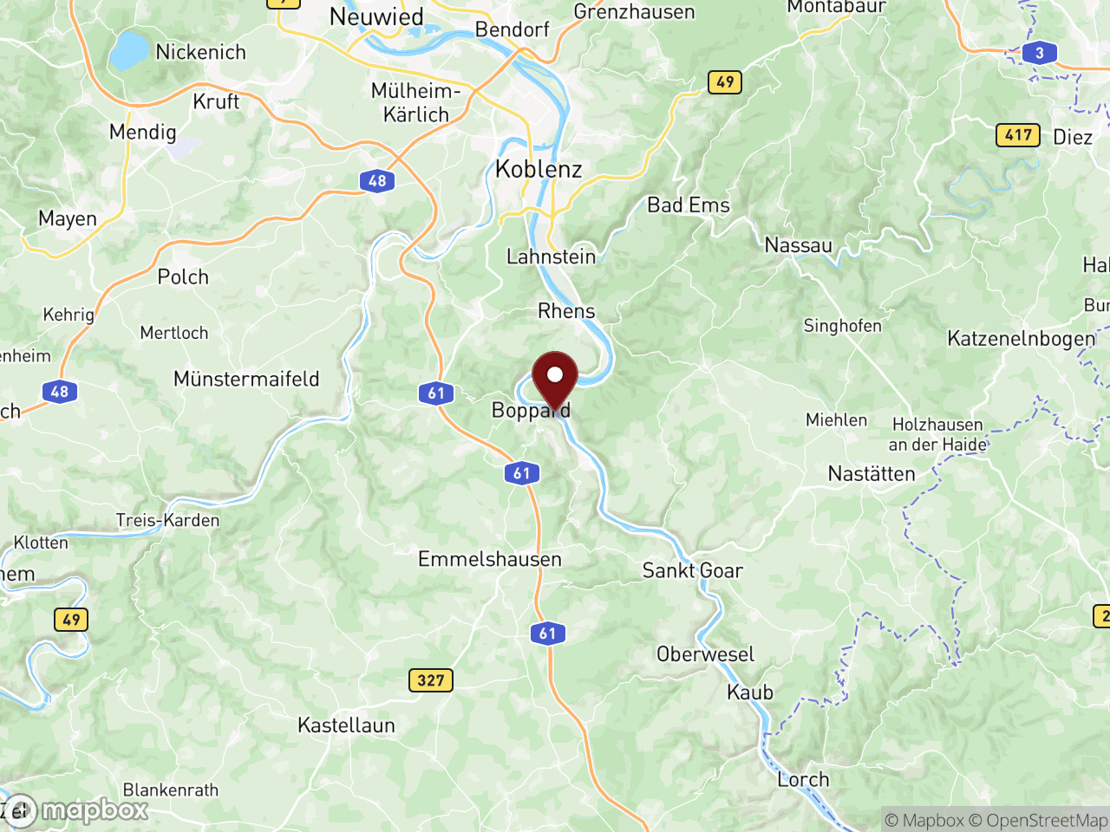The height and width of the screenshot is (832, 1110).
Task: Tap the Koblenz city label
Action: coord(539,169)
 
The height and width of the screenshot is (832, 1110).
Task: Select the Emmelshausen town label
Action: coord(490,559)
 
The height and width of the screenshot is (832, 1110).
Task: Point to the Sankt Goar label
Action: coord(692,570)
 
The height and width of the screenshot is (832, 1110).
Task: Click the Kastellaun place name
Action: coord(346,725)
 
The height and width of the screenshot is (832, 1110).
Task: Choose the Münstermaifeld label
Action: coord(246,379)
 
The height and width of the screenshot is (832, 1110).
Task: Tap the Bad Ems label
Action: coord(689,205)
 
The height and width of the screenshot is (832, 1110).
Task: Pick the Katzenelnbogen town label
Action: coord(1022,338)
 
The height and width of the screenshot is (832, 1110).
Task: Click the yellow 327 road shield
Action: coord(430,680)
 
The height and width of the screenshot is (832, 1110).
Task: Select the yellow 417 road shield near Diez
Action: coord(1018,135)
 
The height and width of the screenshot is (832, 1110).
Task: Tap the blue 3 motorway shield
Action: coord(1039,53)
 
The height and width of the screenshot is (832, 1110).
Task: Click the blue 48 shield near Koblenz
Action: coord(377,181)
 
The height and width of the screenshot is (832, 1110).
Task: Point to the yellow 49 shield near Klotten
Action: coord(71,620)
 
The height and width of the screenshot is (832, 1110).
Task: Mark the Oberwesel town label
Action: coord(705,654)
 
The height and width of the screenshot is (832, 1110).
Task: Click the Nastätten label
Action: coord(872,474)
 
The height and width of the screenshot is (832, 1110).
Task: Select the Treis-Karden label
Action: coord(167,520)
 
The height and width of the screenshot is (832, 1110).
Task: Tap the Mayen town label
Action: coord(68,218)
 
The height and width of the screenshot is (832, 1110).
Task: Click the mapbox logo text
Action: coord(95,810)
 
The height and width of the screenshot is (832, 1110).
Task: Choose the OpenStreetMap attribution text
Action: coord(1038,820)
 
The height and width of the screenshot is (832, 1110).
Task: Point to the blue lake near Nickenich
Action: coord(129,51)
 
